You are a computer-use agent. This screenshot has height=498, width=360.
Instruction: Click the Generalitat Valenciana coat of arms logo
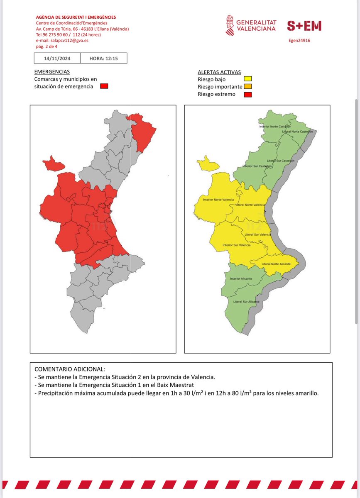[x=230, y=26]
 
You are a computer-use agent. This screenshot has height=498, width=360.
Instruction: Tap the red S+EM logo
[x=304, y=26]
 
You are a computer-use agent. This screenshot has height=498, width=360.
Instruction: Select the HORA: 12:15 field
[x=103, y=59]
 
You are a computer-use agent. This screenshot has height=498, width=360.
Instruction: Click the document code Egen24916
[x=299, y=41]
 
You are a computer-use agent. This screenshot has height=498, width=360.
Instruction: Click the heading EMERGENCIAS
[x=52, y=72]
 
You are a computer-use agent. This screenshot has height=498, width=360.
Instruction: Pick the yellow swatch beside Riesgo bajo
[x=248, y=79]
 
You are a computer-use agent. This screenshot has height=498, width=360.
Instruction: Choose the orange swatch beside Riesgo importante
[x=248, y=86]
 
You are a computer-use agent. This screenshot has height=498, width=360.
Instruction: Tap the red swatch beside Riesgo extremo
[x=248, y=94]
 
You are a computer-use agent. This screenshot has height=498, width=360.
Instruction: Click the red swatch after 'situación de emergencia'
[x=104, y=86]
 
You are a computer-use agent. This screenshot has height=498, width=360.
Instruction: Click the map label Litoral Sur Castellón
[x=281, y=160]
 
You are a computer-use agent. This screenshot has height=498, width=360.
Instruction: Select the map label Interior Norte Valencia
[x=218, y=200]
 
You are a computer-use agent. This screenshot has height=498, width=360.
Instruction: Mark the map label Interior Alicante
[x=241, y=278]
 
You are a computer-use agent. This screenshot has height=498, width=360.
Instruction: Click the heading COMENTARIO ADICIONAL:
[x=70, y=369]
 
